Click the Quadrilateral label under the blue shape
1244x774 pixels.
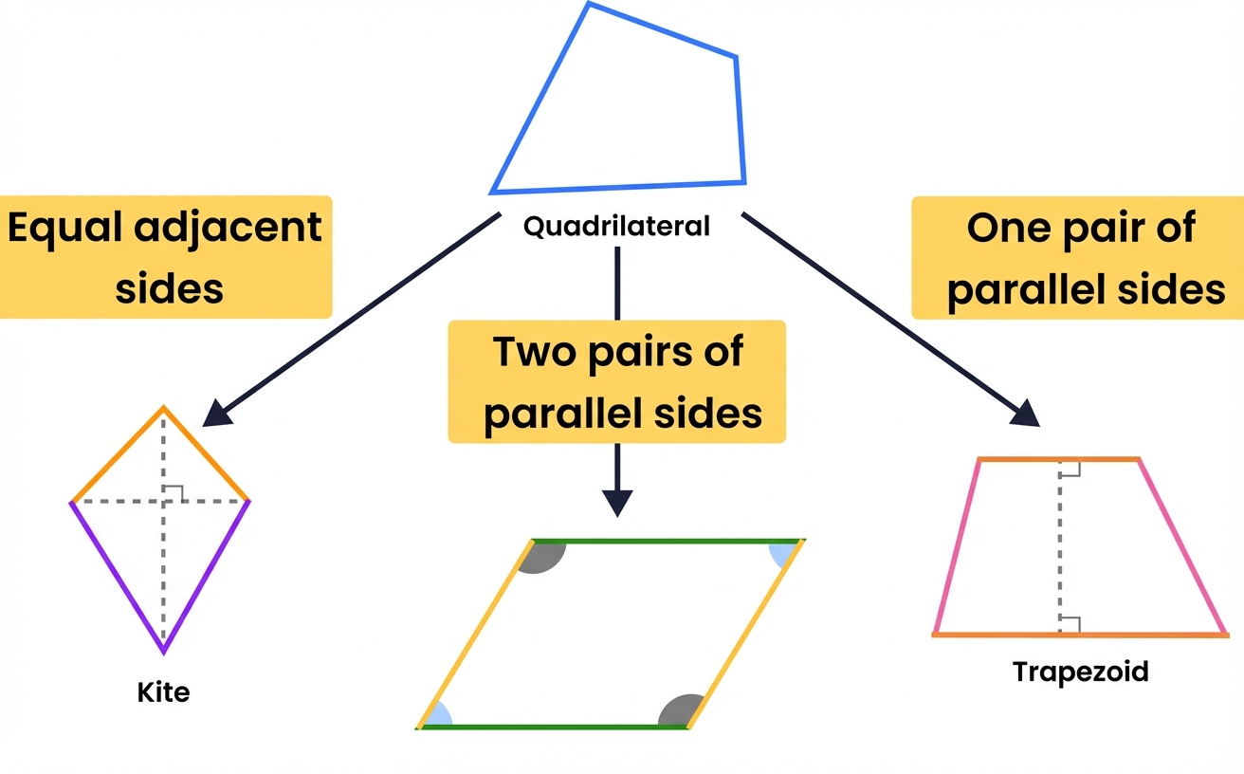point(615,227)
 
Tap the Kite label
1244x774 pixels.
point(163,691)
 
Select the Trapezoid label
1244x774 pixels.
point(1080,672)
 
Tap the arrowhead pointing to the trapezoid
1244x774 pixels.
point(1028,415)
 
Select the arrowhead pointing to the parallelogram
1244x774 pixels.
point(617,503)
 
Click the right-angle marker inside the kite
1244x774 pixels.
point(173,492)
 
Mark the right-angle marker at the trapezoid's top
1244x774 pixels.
point(1070,468)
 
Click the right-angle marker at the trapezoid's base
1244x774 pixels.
point(1070,624)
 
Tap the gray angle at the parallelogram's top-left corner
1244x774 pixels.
point(544,556)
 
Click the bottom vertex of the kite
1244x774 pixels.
point(163,651)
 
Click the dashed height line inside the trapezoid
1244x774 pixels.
point(1060,550)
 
